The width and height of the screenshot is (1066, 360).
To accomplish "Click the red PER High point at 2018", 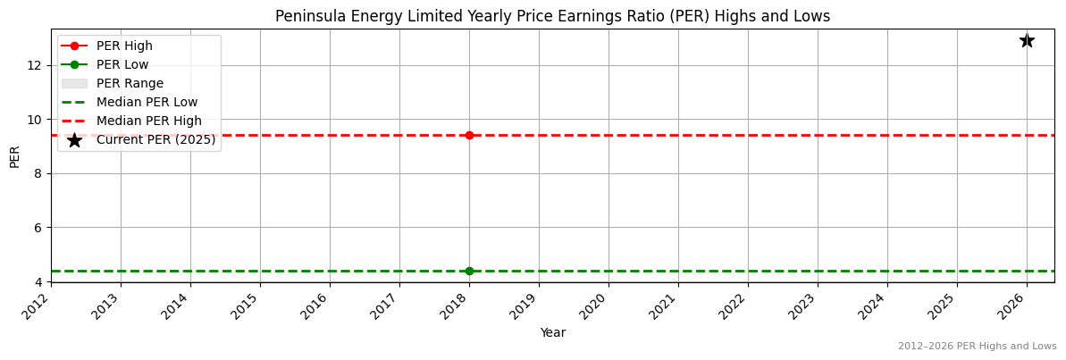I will pyautogui.click(x=469, y=135).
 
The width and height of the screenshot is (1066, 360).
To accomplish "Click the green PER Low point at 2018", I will pyautogui.click(x=469, y=271).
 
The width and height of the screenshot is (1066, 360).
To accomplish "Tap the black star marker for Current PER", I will pyautogui.click(x=1027, y=40).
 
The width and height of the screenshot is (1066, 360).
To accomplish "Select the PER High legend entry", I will pyautogui.click(x=124, y=46).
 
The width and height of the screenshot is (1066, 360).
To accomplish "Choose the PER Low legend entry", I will pyautogui.click(x=122, y=64).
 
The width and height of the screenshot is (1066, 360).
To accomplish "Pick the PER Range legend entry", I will pyautogui.click(x=130, y=83).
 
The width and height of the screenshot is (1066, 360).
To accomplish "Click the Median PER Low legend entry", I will pyautogui.click(x=147, y=102).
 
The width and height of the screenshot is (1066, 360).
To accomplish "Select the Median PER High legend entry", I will pyautogui.click(x=148, y=121).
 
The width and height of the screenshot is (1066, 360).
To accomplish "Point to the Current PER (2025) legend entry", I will pyautogui.click(x=155, y=139).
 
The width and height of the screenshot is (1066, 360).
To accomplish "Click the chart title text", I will pyautogui.click(x=552, y=16).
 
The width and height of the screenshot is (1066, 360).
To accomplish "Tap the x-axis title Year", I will pyautogui.click(x=552, y=332).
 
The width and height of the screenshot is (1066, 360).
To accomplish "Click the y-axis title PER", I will pyautogui.click(x=14, y=155).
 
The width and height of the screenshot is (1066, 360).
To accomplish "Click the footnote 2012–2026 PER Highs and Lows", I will pyautogui.click(x=977, y=347).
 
